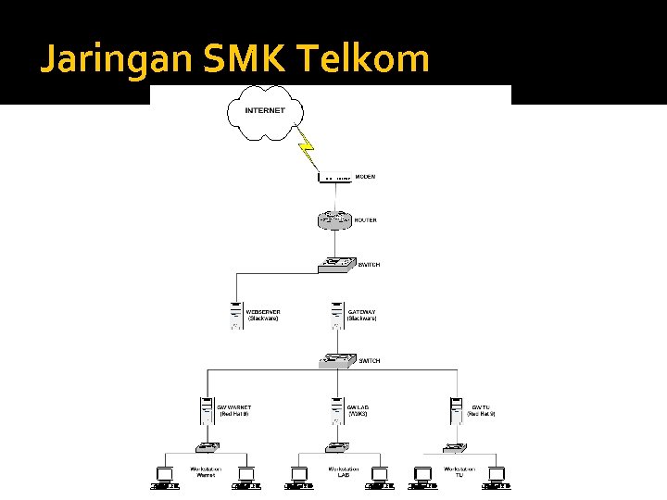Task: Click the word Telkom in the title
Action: (x=364, y=59)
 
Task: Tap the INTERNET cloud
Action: (x=265, y=112)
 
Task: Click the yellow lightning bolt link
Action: (x=306, y=149)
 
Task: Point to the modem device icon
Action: (x=334, y=176)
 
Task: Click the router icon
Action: (x=334, y=220)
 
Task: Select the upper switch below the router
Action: (x=336, y=264)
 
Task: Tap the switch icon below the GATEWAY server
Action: (x=337, y=359)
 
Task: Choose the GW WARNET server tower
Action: (x=207, y=409)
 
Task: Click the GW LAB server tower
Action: (x=337, y=409)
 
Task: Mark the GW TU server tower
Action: (x=456, y=409)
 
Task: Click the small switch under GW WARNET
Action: (x=205, y=447)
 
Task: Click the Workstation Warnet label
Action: (x=206, y=473)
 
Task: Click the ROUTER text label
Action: (x=366, y=221)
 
